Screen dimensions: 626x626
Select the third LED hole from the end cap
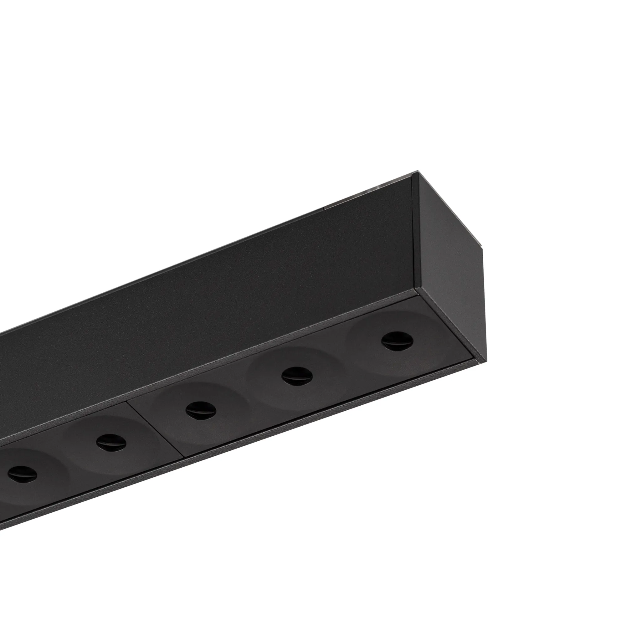point(201,410)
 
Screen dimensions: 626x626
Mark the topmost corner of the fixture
point(418,172)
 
